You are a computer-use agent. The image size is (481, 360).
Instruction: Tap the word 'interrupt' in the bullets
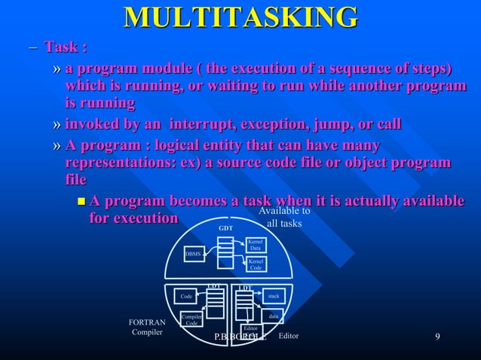[x=202, y=124]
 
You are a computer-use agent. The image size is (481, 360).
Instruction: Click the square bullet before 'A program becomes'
[x=81, y=202]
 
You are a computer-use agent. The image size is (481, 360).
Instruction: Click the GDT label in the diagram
[x=225, y=227]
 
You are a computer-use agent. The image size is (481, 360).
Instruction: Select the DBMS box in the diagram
[x=195, y=255]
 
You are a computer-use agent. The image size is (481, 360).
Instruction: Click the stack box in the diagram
[x=273, y=297]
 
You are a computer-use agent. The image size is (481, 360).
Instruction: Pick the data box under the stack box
[x=273, y=316]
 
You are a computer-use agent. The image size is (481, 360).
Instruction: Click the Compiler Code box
[x=191, y=320]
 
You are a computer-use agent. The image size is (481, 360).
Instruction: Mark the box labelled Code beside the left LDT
[x=185, y=297]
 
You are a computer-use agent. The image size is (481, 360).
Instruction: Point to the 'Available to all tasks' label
[x=284, y=218]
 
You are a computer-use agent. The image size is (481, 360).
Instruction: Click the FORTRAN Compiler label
[x=147, y=327]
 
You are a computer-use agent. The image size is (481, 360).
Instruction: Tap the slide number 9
[x=437, y=336]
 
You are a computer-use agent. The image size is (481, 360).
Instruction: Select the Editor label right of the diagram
[x=289, y=336]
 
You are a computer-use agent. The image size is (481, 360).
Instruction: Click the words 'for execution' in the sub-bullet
[x=133, y=218]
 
